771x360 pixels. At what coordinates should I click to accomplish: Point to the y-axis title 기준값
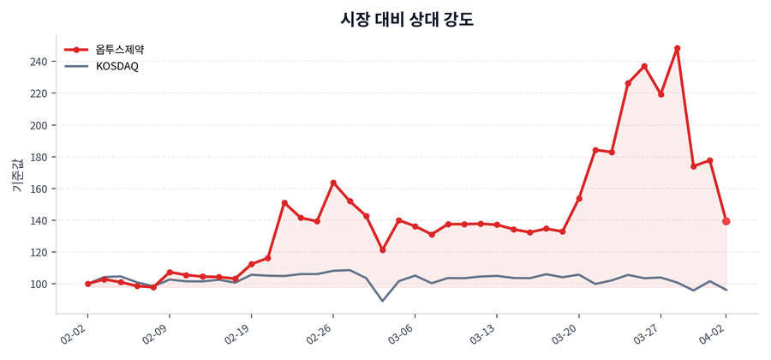17,175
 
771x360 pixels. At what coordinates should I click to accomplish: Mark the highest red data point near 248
677,49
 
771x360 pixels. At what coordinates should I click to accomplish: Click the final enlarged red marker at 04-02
726,221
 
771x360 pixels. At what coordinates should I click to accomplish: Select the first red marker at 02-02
87,284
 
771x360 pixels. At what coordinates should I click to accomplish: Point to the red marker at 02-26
333,183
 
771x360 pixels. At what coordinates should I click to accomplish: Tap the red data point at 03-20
579,199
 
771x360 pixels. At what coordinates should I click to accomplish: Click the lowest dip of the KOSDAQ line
382,301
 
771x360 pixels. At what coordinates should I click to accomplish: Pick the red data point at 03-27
660,94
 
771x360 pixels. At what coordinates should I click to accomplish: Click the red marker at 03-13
497,225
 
